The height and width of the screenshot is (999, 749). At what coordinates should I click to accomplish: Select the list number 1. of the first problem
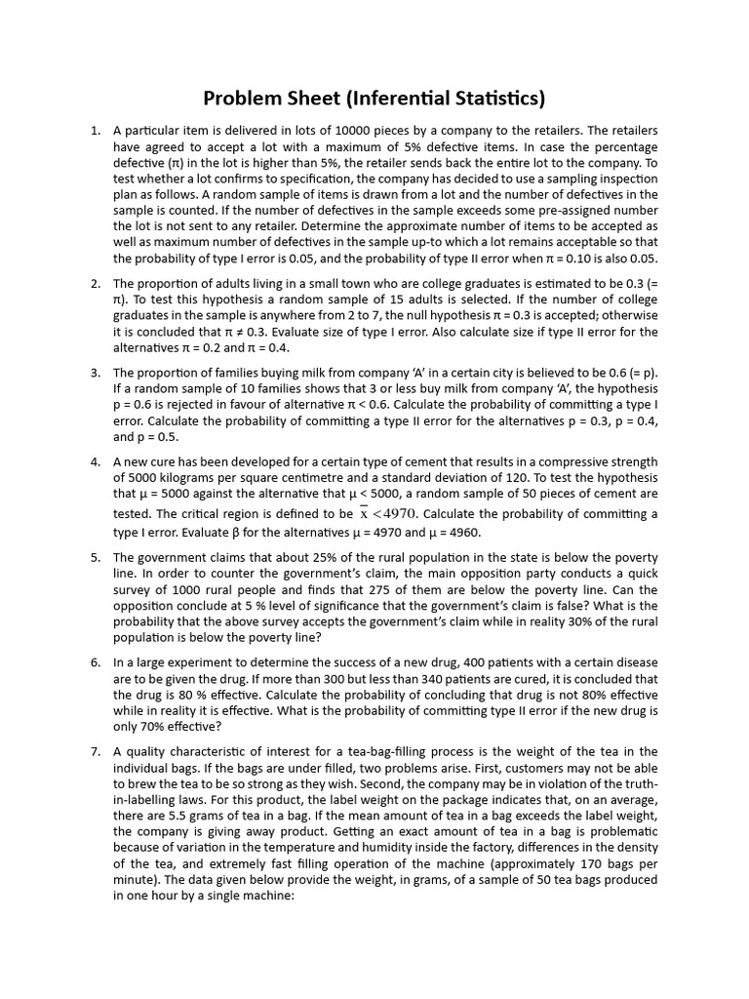96,131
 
